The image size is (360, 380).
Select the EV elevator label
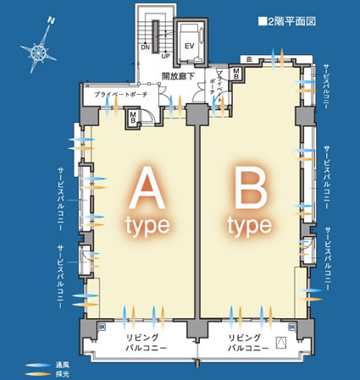pos(190,45)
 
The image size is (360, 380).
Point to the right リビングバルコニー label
pos(248,343)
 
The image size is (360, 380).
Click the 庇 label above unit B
pos(250,59)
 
